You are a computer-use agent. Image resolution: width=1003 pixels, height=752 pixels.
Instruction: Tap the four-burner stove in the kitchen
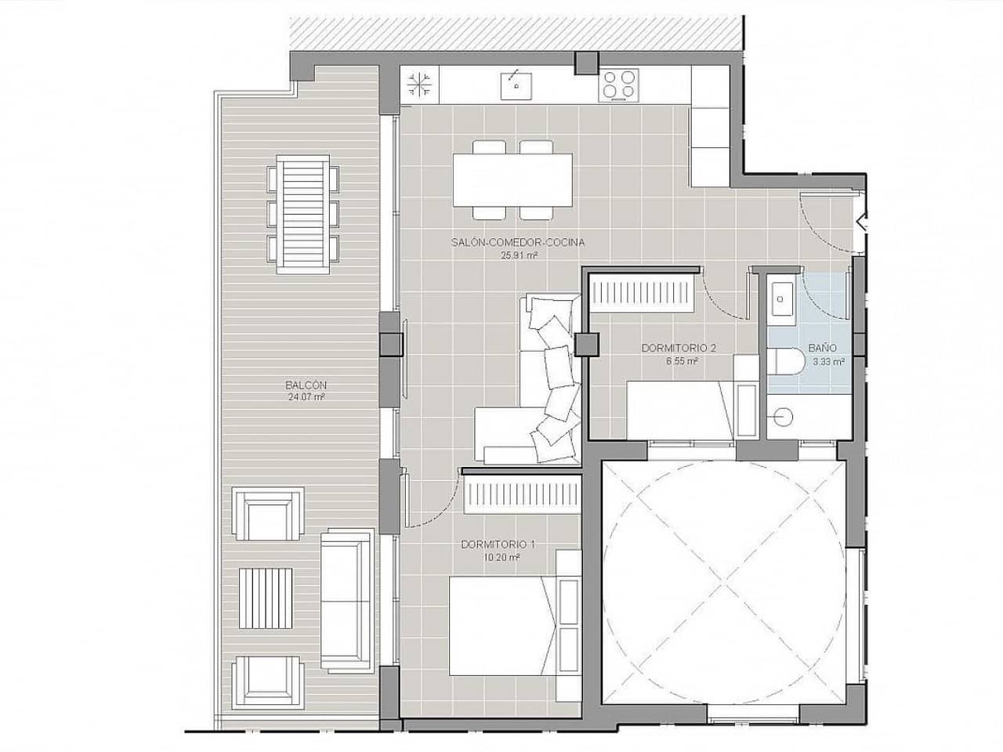[x=618, y=85]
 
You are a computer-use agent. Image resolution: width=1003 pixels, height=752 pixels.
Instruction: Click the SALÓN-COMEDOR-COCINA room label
[x=518, y=243]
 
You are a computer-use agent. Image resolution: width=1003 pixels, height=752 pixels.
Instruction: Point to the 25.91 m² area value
[x=519, y=255]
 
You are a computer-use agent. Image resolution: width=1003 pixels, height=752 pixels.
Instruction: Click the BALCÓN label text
[x=306, y=385]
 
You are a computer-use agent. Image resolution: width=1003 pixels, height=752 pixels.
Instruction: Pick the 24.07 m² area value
[x=306, y=397]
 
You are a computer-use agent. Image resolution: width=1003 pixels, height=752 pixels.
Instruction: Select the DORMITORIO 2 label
[x=679, y=349]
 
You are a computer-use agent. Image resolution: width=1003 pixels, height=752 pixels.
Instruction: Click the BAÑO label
[x=822, y=349]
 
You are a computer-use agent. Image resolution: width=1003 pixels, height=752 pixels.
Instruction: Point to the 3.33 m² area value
[x=828, y=362]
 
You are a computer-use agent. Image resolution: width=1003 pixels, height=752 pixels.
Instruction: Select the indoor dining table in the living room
[x=512, y=179]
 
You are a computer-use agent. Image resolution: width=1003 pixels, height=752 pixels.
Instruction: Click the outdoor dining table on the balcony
[x=303, y=214]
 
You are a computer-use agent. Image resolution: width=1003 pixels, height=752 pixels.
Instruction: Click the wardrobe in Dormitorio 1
[x=520, y=495]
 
